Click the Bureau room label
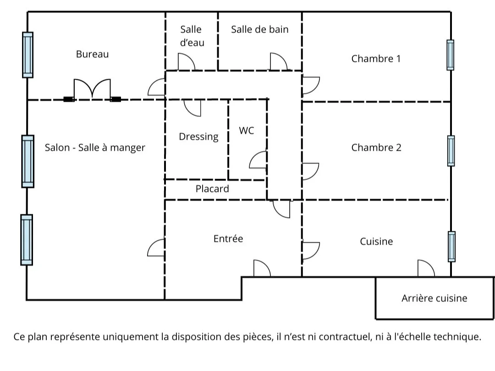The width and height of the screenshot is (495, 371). (92, 54)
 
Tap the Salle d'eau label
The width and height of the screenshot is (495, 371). (191, 36)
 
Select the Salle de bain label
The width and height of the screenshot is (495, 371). (259, 29)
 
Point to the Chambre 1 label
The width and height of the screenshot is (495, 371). (376, 59)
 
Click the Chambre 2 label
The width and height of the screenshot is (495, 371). (376, 147)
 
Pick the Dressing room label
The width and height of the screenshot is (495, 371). (198, 136)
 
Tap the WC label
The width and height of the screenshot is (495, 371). (246, 131)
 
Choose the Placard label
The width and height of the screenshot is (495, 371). (212, 189)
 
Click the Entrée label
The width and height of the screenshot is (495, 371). (228, 239)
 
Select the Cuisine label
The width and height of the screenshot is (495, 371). (376, 241)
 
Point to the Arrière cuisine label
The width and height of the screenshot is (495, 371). (434, 298)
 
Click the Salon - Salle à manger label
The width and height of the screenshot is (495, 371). (95, 147)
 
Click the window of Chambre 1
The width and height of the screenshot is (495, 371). (451, 55)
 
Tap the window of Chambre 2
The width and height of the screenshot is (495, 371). (451, 151)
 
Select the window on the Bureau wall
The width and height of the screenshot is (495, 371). (28, 55)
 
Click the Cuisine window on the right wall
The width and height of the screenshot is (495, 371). (451, 246)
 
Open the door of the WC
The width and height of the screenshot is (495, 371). (258, 160)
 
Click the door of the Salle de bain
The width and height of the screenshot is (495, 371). (278, 62)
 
